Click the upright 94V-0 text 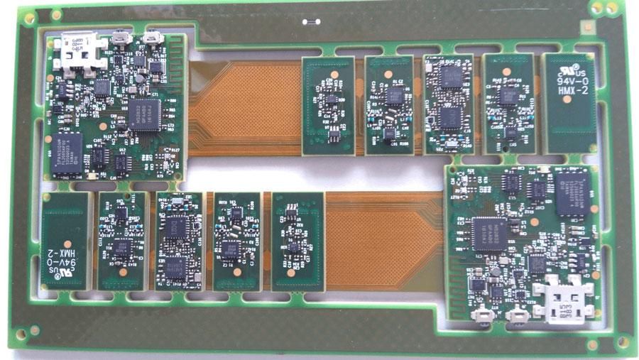point(568,79)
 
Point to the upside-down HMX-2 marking point(65,252)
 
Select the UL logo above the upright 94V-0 point(568,67)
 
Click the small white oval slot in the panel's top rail point(310,21)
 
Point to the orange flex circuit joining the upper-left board point(241,107)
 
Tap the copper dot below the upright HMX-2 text point(567,100)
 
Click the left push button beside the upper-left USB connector point(122,36)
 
